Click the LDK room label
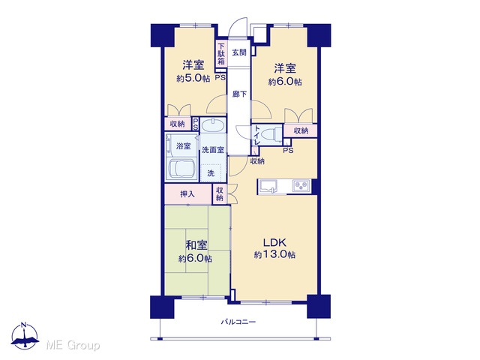(275, 242)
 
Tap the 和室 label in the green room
(196, 245)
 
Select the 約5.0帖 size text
(193, 78)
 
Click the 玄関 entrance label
(238, 52)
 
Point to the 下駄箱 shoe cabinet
(221, 53)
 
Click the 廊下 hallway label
(239, 94)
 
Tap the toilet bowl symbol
(273, 134)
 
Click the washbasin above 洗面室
(213, 125)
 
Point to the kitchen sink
(268, 186)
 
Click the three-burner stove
(301, 186)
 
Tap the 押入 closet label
(187, 194)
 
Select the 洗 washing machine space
(211, 173)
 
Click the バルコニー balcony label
(238, 322)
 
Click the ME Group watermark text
(73, 345)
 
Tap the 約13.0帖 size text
(274, 255)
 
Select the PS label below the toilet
(288, 150)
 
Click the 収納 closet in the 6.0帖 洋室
(300, 130)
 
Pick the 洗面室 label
(213, 150)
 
